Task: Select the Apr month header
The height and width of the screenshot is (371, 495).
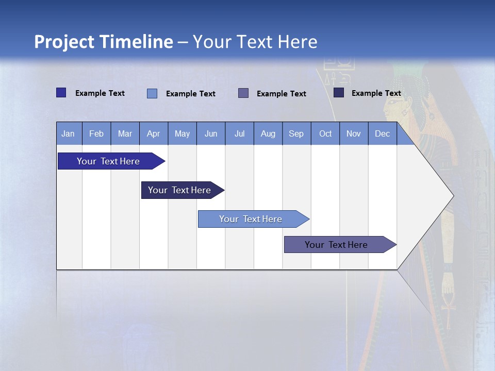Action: pyautogui.click(x=154, y=133)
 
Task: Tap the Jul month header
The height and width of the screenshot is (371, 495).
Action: pyautogui.click(x=240, y=133)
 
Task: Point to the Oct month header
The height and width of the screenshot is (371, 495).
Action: pyautogui.click(x=325, y=133)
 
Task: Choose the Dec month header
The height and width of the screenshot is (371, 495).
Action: pyautogui.click(x=383, y=133)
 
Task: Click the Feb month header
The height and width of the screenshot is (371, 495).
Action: pyautogui.click(x=96, y=133)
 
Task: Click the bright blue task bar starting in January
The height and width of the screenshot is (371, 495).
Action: pyautogui.click(x=111, y=161)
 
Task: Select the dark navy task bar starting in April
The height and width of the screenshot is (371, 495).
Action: pyautogui.click(x=183, y=190)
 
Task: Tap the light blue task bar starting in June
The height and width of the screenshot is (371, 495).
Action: pyautogui.click(x=254, y=219)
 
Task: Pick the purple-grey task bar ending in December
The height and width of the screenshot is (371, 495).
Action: pyautogui.click(x=340, y=244)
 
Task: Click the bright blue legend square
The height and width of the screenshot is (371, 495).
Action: pyautogui.click(x=61, y=93)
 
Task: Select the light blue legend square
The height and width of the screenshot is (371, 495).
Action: pyautogui.click(x=152, y=93)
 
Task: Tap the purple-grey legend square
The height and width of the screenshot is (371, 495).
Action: pyautogui.click(x=243, y=93)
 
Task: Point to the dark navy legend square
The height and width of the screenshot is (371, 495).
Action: pyautogui.click(x=339, y=92)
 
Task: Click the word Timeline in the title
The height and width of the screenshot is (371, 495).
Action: pyautogui.click(x=136, y=42)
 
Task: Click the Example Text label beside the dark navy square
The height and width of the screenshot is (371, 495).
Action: pyautogui.click(x=376, y=93)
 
